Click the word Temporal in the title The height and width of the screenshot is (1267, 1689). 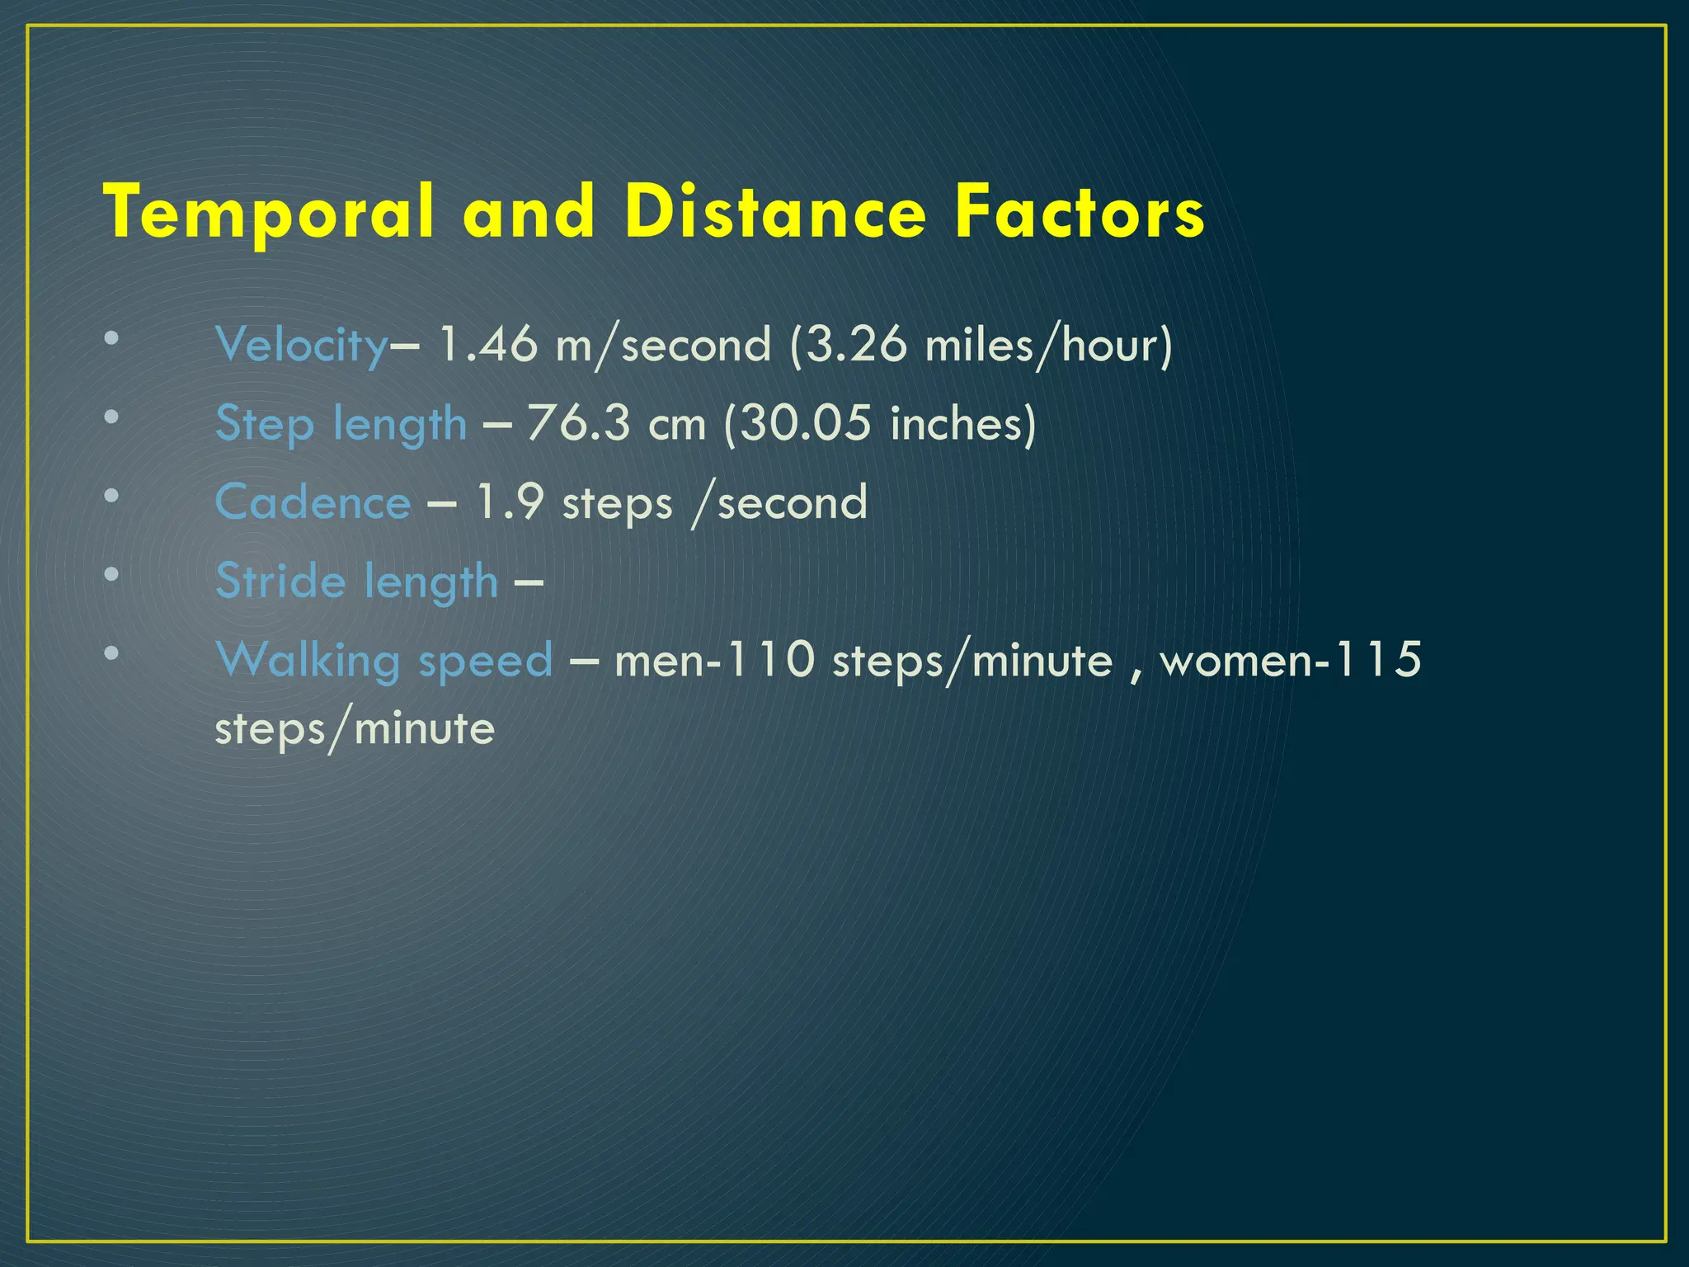click(x=269, y=213)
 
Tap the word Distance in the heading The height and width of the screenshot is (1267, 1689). click(x=775, y=213)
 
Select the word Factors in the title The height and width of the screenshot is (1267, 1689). click(x=1080, y=213)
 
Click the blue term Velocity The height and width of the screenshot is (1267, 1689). click(x=301, y=345)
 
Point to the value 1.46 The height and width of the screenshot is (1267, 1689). click(x=487, y=345)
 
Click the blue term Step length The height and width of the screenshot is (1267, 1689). click(x=341, y=424)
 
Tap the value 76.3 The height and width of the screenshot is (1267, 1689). click(x=577, y=424)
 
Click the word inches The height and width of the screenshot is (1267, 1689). click(x=957, y=424)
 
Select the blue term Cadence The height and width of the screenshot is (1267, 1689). click(x=313, y=502)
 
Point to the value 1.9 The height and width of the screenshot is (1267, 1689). click(x=510, y=502)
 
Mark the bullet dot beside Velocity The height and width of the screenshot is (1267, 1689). click(x=111, y=338)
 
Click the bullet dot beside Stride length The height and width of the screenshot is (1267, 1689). click(x=111, y=575)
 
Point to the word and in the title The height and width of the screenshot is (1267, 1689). click(x=529, y=213)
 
